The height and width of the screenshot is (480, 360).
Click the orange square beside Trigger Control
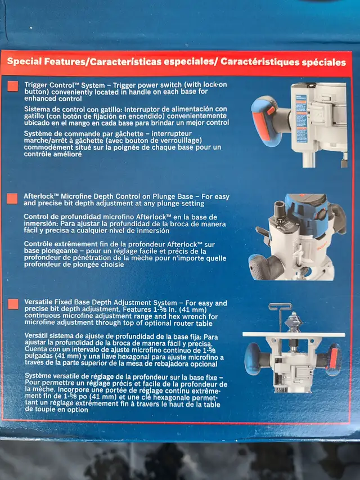[x=12, y=86]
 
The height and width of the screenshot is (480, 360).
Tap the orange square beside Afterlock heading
[x=12, y=199]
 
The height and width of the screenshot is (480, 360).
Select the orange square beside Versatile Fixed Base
[x=13, y=304]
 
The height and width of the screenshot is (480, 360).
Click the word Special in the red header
[x=24, y=61]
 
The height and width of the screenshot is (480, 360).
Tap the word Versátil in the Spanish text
[x=36, y=336]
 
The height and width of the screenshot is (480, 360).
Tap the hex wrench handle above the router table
[x=280, y=306]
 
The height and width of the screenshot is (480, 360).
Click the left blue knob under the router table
[x=254, y=358]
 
